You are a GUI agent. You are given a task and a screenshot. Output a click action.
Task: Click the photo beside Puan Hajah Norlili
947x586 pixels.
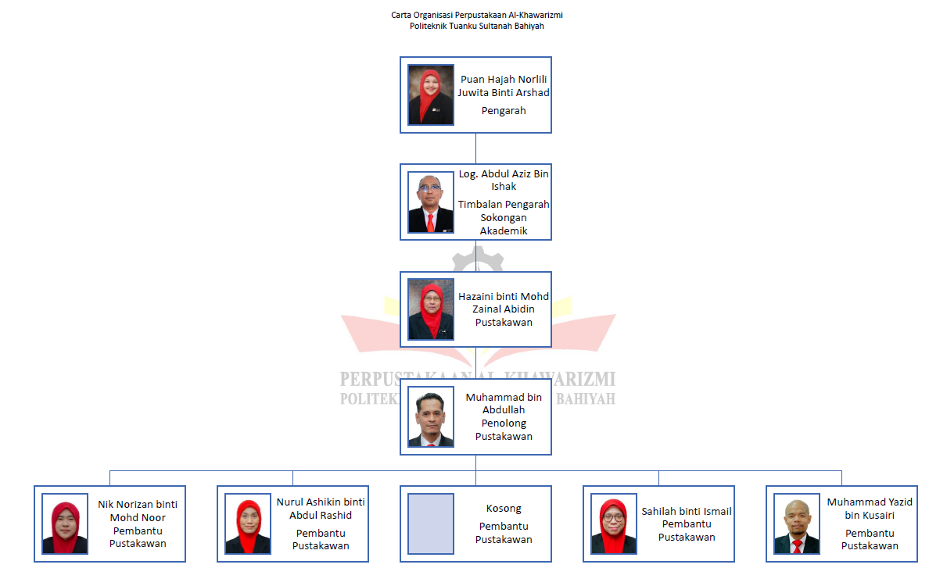coord(430,95)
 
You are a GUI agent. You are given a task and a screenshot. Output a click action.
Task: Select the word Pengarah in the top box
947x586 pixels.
coord(504,111)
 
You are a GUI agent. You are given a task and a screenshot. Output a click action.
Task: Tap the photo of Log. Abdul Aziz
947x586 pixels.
coord(430,202)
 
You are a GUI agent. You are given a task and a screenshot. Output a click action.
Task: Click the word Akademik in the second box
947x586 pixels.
coord(504,230)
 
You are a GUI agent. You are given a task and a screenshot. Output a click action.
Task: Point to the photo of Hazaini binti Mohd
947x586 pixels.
coord(430,309)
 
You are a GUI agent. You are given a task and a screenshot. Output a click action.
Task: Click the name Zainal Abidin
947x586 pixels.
coord(504,309)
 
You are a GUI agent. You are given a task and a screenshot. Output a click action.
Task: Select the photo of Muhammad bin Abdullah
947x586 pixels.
coord(430,416)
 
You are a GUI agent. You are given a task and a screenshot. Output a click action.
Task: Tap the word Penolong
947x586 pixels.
coord(504,423)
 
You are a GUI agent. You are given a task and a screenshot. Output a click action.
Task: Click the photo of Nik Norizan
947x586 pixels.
coord(65,523)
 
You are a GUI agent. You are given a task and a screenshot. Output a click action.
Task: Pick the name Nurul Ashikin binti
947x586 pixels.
coord(321,502)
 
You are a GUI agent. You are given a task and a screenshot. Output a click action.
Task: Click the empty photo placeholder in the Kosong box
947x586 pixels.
coord(430,523)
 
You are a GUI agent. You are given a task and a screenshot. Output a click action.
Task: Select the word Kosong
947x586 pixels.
coord(504,509)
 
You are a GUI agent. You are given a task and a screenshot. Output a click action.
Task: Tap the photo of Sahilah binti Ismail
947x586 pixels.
coord(613,523)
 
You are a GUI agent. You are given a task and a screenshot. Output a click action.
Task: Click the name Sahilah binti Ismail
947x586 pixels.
coord(687,511)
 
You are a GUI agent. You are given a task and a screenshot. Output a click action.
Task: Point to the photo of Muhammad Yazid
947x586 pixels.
coord(797,523)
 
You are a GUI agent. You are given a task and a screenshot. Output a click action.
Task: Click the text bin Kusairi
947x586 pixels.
coord(870,516)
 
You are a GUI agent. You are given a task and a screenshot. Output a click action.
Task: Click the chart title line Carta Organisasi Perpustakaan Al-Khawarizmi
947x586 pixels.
coord(477,15)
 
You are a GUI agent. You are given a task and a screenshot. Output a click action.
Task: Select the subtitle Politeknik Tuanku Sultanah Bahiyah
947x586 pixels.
coord(477,27)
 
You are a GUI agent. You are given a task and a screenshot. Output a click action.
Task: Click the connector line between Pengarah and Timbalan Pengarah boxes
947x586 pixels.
coord(475,148)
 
